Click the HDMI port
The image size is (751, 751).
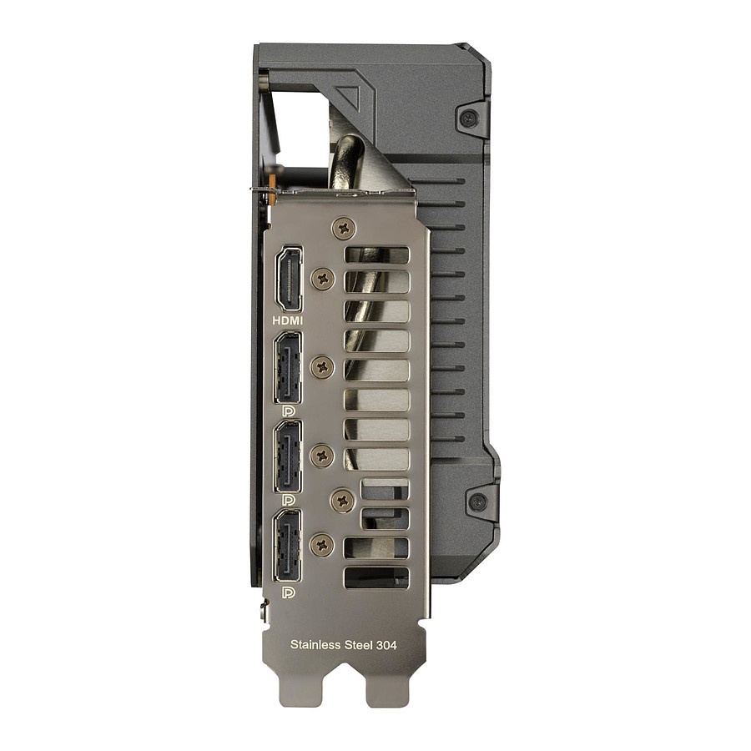click(x=289, y=279)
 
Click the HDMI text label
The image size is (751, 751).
click(x=287, y=320)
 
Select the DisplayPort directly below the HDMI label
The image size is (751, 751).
click(x=287, y=368)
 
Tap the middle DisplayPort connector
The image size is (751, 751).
click(x=287, y=456)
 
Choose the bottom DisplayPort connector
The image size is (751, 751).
click(x=287, y=546)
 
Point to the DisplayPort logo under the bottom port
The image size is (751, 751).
click(x=289, y=593)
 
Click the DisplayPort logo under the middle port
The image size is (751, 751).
click(x=289, y=501)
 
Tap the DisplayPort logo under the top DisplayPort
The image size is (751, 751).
click(x=289, y=411)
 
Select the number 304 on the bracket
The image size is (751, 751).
click(x=386, y=645)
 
